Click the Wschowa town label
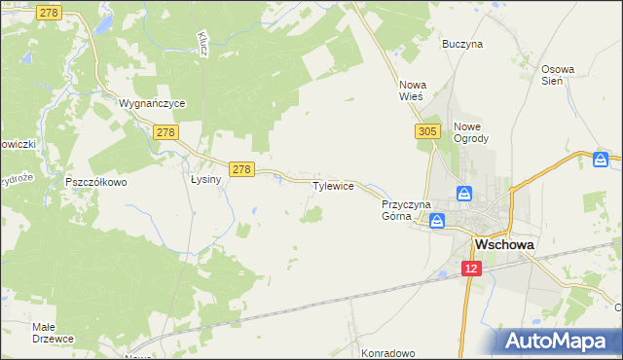(x=502, y=245)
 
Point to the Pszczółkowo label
(x=96, y=181)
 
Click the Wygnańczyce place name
(x=151, y=102)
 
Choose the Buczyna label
(x=462, y=44)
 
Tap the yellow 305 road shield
(x=426, y=130)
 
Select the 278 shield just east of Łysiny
(x=242, y=169)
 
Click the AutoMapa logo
(x=561, y=341)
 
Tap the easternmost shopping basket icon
(x=604, y=159)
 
